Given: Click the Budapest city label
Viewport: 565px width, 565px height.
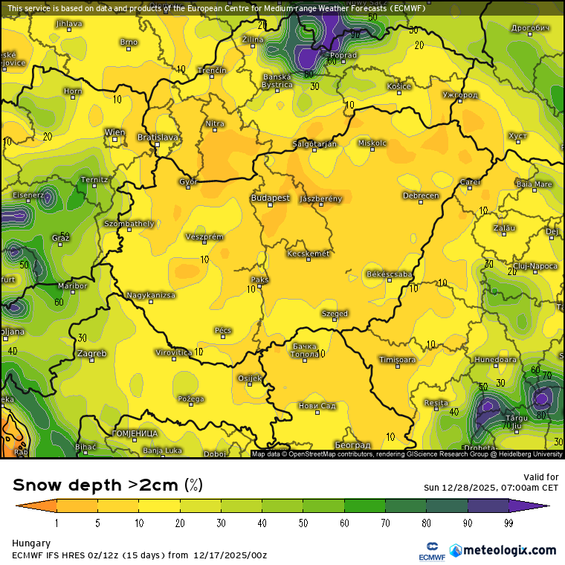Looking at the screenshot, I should pos(271,198).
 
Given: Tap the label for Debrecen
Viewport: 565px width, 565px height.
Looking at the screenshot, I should pos(421,196).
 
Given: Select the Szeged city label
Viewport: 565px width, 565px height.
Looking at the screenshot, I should pos(335,314).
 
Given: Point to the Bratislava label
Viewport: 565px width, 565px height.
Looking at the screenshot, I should pos(158,138).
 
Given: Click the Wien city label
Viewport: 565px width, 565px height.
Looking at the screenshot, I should pos(114,132).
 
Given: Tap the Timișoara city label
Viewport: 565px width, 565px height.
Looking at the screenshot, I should pos(397,360).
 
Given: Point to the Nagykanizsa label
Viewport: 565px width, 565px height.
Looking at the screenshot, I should pos(151,295).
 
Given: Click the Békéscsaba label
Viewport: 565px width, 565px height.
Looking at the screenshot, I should pos(390,274).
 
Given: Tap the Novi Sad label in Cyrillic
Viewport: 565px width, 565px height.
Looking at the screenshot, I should pos(317,405).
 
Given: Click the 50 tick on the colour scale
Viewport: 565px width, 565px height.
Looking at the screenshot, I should pos(303,523).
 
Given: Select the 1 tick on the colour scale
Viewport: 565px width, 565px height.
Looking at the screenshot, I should pos(56,523).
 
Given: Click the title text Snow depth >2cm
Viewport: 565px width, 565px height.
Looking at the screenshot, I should pos(95,485).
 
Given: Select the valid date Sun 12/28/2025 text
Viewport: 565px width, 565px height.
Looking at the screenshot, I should pos(491,488).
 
